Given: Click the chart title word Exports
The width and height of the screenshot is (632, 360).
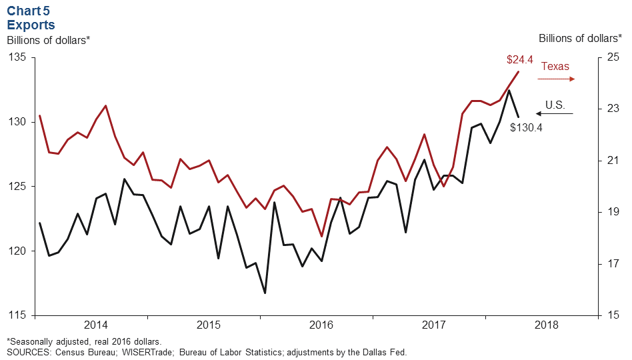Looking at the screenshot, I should (x=31, y=25).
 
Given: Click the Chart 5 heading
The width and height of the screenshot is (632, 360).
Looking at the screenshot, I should (x=29, y=11).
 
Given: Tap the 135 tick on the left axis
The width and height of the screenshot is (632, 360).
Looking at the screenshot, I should (x=17, y=57).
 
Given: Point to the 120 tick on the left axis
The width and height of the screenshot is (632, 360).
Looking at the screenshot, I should (x=17, y=251).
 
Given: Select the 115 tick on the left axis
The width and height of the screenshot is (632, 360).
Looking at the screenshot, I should (x=17, y=315).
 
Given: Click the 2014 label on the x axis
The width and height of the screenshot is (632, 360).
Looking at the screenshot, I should (x=95, y=325).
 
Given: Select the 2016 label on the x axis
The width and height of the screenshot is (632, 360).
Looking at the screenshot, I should (x=321, y=325).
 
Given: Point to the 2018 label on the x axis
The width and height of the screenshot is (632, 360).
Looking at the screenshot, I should (x=547, y=325).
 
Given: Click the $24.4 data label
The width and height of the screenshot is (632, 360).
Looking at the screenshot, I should (x=520, y=60).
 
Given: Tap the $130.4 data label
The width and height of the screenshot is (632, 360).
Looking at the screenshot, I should (x=526, y=127).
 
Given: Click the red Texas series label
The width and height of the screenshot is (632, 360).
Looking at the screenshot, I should (x=555, y=67).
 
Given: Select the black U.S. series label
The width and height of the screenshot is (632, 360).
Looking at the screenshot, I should (x=555, y=105).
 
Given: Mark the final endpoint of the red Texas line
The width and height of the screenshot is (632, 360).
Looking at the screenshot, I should (x=519, y=71).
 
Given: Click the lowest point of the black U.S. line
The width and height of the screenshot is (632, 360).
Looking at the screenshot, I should (x=265, y=293).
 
